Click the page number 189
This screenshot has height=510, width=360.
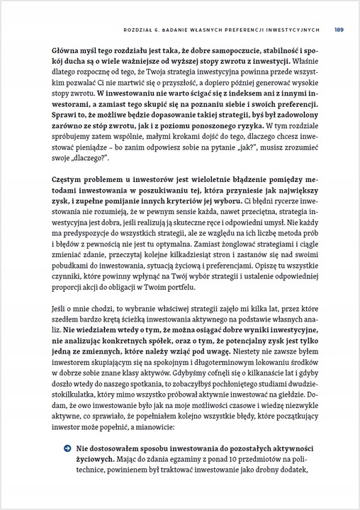[339, 30]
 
